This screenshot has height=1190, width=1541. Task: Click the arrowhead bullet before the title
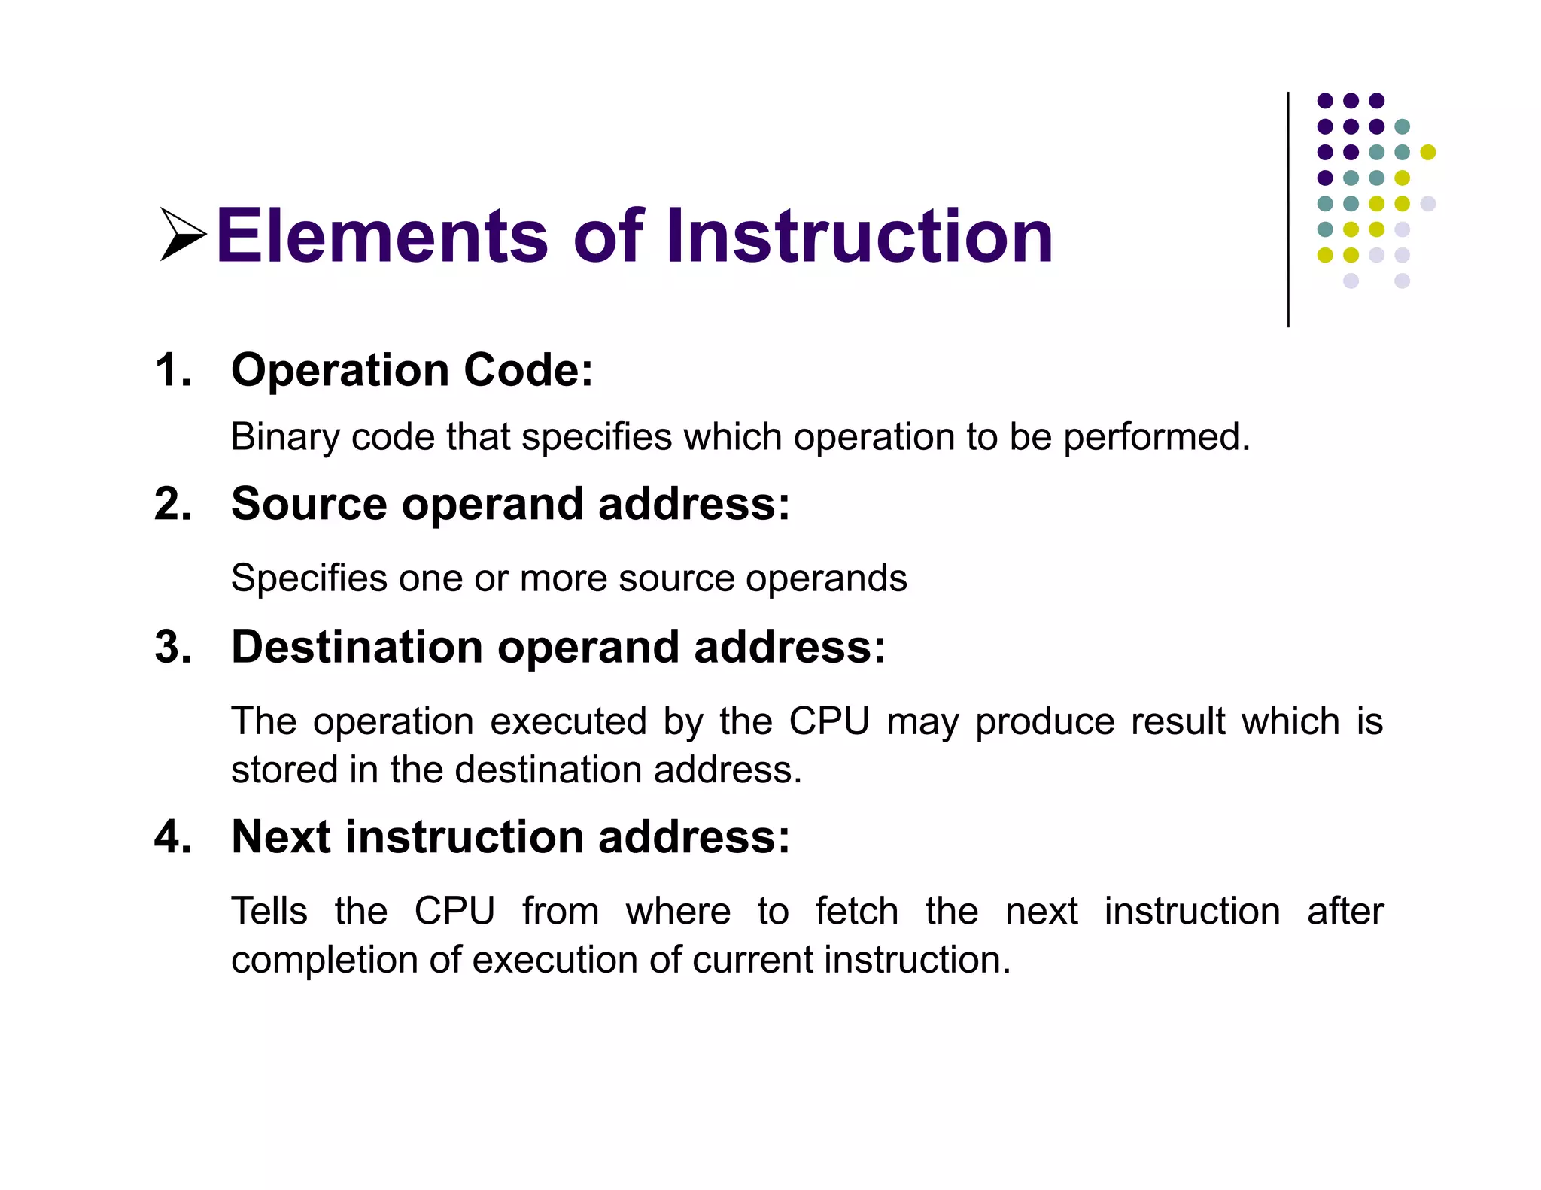[x=181, y=235]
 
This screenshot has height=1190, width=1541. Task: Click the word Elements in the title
[x=382, y=236]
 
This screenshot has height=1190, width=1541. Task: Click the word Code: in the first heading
[x=528, y=370]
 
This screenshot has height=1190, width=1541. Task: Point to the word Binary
[x=285, y=438]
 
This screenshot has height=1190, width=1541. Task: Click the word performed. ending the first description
[x=1157, y=438]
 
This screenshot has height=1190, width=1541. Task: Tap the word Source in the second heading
[x=309, y=504]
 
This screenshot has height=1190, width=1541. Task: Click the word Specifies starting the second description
[x=309, y=579]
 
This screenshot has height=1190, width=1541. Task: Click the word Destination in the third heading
[x=357, y=647]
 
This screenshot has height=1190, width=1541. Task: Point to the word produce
[x=1044, y=722]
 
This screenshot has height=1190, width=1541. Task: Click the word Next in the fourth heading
[x=281, y=837]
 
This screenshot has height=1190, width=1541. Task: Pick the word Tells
[x=269, y=912]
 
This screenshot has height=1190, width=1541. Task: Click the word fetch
[x=856, y=912]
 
